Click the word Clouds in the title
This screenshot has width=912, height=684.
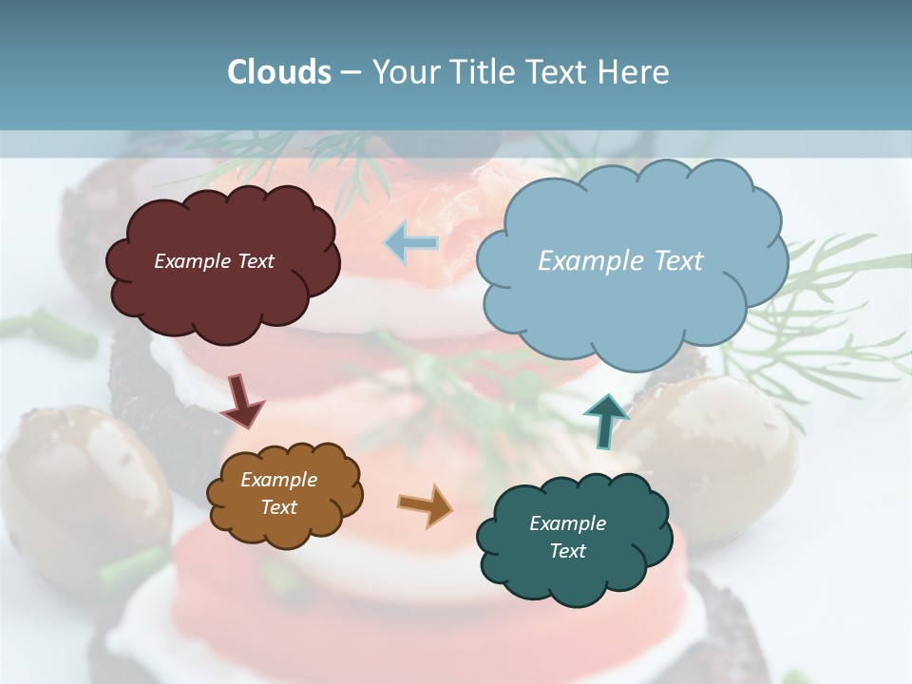(279, 72)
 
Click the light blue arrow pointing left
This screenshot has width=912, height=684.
(411, 243)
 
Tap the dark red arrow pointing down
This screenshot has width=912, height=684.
(242, 402)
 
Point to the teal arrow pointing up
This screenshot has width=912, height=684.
(606, 421)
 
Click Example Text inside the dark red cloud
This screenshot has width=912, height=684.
(214, 261)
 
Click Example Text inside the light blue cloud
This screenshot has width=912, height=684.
(620, 261)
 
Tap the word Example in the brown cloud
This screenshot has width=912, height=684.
(278, 480)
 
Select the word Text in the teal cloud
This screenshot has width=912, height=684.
(567, 551)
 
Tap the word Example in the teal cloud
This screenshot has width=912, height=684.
(567, 523)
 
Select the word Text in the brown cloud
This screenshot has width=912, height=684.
(278, 507)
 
